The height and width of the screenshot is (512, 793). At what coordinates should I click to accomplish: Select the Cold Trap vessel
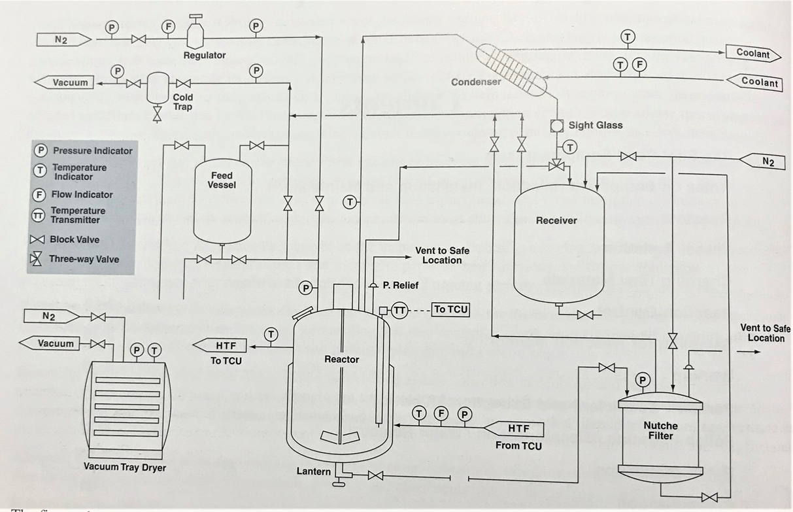157,86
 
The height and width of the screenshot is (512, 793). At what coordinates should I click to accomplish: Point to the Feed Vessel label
222,180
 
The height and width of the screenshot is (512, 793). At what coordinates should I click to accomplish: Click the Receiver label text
556,220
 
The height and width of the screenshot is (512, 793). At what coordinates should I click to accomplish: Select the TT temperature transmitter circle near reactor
399,311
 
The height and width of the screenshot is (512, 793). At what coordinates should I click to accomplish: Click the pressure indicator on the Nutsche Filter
643,379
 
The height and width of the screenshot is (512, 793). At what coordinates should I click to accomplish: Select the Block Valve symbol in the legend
41,239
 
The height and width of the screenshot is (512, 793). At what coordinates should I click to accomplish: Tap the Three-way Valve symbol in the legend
41,259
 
